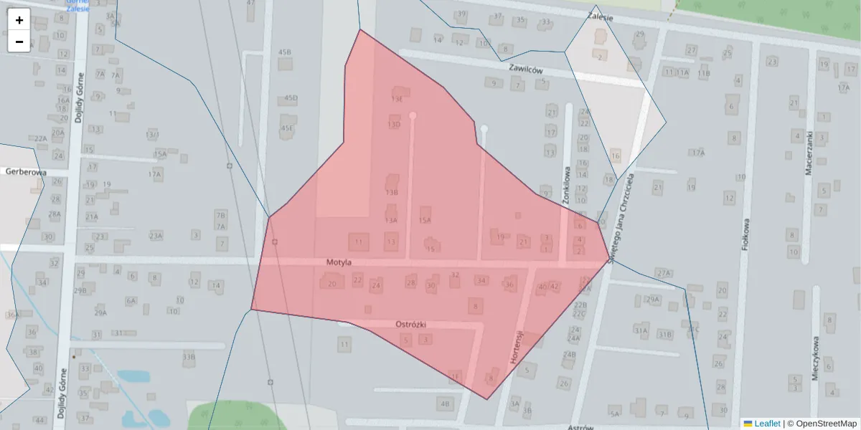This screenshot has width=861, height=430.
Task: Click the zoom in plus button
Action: click(x=19, y=20)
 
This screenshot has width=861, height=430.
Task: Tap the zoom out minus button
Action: click(x=19, y=42)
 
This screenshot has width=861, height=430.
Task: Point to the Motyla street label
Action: click(x=338, y=262)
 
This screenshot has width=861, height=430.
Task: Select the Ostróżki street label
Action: click(x=412, y=324)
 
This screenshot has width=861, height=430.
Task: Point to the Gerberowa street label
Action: click(x=25, y=172)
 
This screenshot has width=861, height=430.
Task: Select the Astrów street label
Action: click(x=580, y=427)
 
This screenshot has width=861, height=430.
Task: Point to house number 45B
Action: click(x=285, y=52)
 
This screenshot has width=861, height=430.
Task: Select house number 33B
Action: click(x=189, y=356)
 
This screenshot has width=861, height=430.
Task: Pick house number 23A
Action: click(x=156, y=235)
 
